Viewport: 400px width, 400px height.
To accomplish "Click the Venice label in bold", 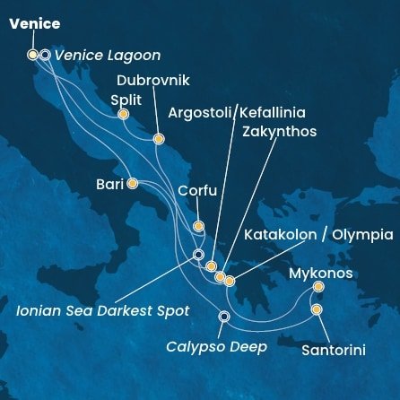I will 34,24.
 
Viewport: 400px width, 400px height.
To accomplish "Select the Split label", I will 126,100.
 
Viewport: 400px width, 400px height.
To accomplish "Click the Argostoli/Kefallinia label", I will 235,113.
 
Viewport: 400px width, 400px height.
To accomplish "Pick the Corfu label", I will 197,190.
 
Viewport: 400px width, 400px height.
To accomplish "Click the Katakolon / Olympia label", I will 317,235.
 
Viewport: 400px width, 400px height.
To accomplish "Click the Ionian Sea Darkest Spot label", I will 104,311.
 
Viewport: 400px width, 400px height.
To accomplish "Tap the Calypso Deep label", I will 216,346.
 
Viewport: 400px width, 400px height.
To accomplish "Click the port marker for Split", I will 123,114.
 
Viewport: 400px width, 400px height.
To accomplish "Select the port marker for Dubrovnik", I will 159,139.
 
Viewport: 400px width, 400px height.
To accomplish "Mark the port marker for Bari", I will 132,184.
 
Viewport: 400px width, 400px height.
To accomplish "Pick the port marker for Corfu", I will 198,226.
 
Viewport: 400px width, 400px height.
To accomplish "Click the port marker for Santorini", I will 317,310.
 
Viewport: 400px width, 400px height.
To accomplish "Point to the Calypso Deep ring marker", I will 224,316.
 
